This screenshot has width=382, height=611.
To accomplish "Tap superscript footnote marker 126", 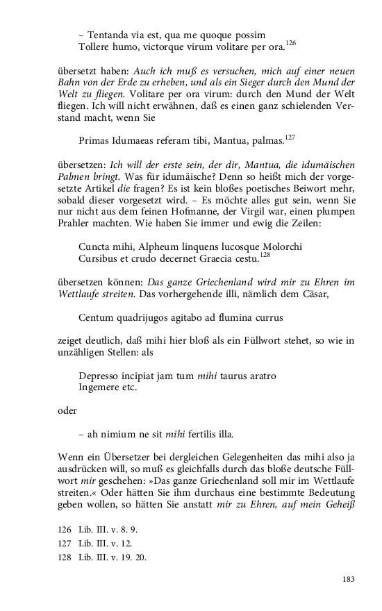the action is [290, 43].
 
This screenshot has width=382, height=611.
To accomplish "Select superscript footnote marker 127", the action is [290, 137].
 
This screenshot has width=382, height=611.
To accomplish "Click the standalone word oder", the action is [67, 411].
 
